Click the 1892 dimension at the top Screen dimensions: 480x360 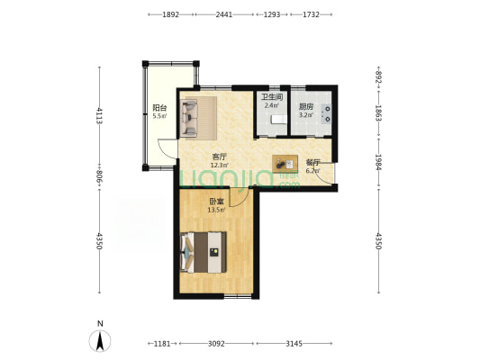click(170, 14)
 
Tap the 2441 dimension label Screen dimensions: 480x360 click(224, 14)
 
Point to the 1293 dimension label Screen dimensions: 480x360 click(272, 14)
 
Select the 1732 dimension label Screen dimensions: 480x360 click(311, 14)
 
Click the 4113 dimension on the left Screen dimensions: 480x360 click(99, 115)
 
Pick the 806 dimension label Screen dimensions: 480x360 click(99, 177)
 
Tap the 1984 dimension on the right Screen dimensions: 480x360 click(378, 162)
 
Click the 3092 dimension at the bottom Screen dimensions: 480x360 click(216, 344)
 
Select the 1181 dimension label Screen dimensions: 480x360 click(161, 344)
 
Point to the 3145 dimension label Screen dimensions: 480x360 click(294, 344)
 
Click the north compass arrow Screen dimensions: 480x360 click(100, 341)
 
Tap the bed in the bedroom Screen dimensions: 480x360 click(204, 252)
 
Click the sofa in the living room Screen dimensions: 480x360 click(189, 119)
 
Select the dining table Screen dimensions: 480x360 click(285, 164)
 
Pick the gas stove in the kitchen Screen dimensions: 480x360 click(326, 113)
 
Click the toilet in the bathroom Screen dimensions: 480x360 click(279, 120)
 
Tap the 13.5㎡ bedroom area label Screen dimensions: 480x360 click(217, 210)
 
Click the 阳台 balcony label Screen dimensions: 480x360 click(159, 108)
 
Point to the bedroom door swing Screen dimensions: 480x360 click(239, 198)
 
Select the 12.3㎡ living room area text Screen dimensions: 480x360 click(219, 166)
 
